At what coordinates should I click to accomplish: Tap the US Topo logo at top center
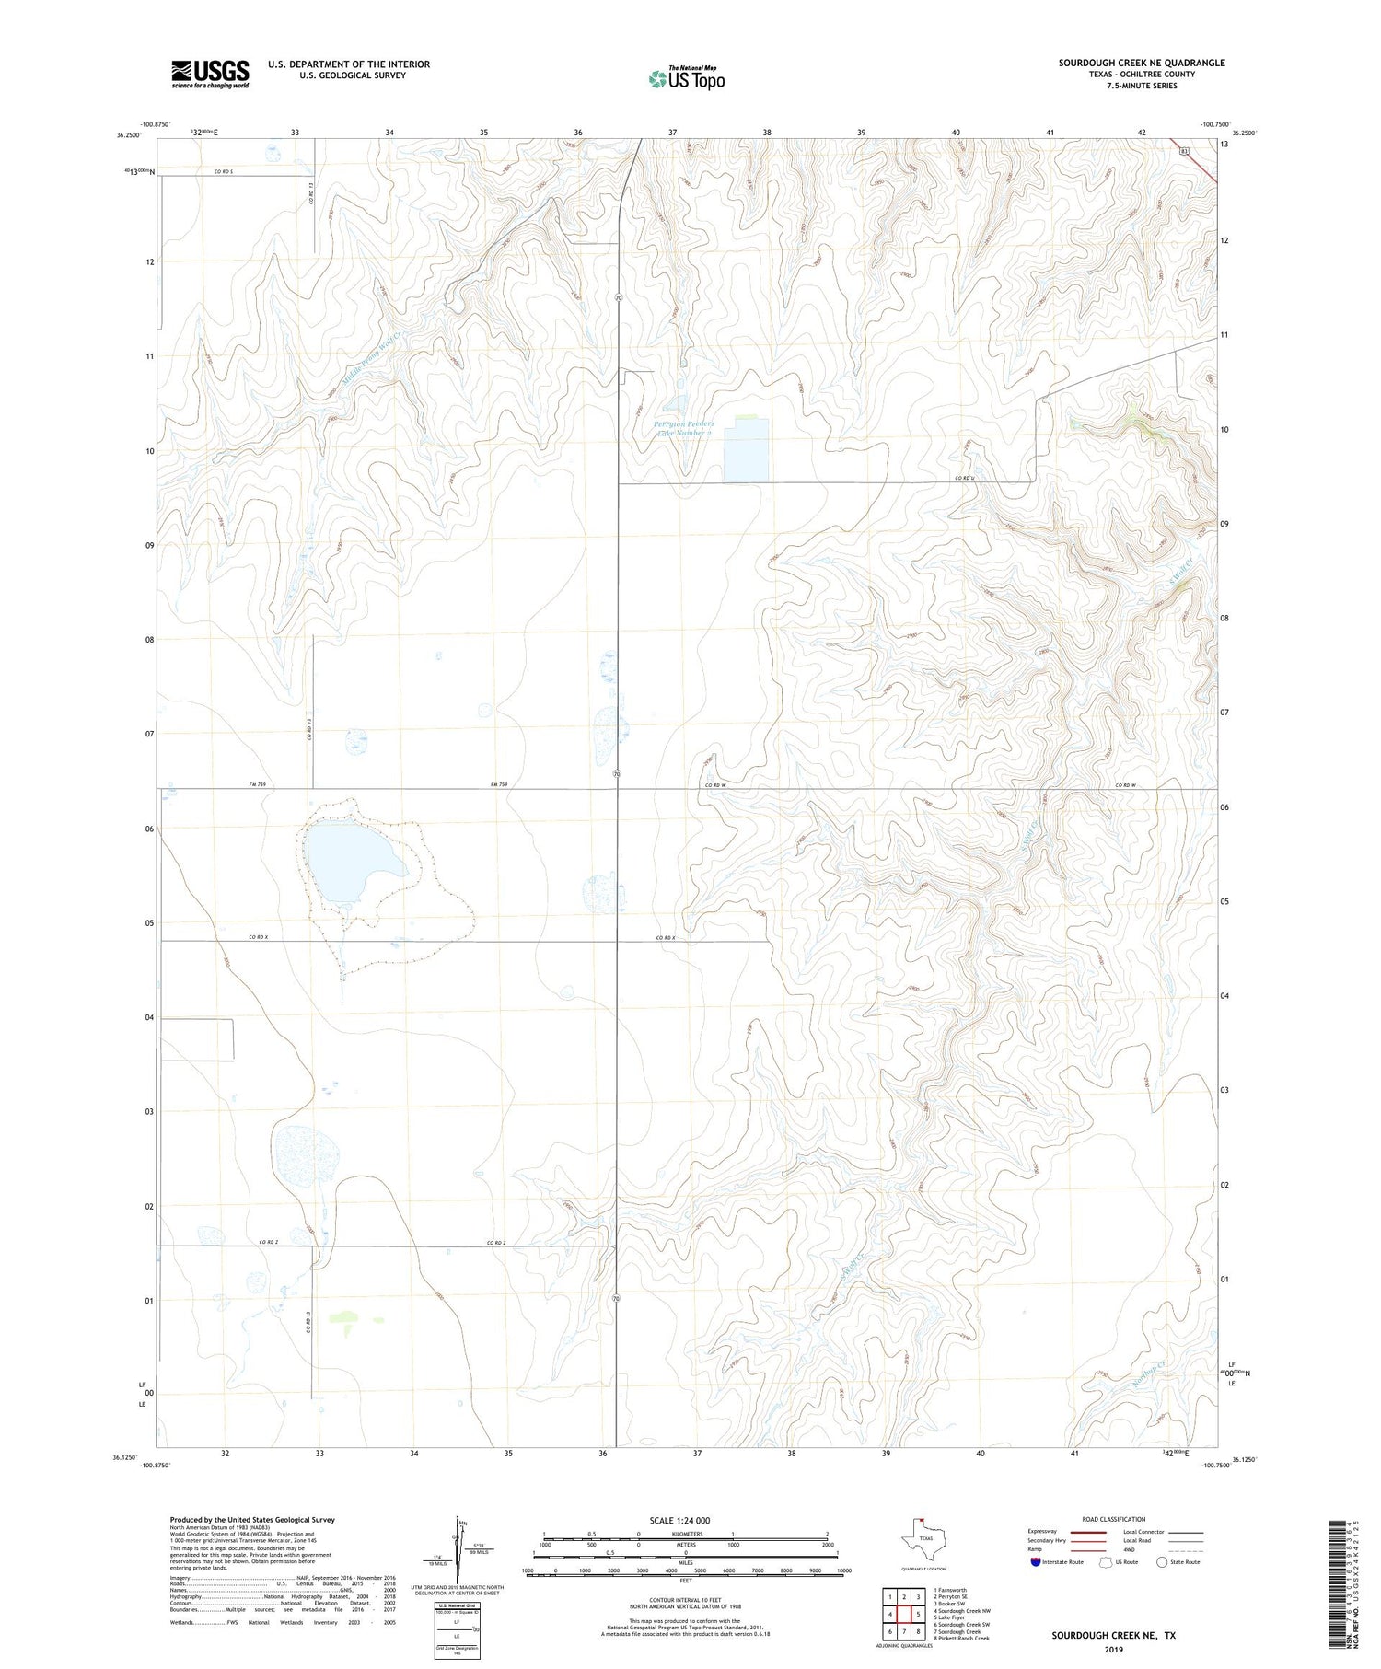coord(686,78)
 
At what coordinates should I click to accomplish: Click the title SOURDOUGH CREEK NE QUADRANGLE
coord(1141,63)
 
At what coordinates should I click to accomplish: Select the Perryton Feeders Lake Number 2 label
coord(683,428)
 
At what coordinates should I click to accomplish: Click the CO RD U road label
coord(964,478)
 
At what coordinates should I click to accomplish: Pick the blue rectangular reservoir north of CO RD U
coord(745,451)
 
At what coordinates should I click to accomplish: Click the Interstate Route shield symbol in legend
coord(1036,1562)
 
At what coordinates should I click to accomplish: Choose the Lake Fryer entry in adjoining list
coord(951,1617)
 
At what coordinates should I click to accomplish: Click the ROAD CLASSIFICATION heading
coord(1114,1519)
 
